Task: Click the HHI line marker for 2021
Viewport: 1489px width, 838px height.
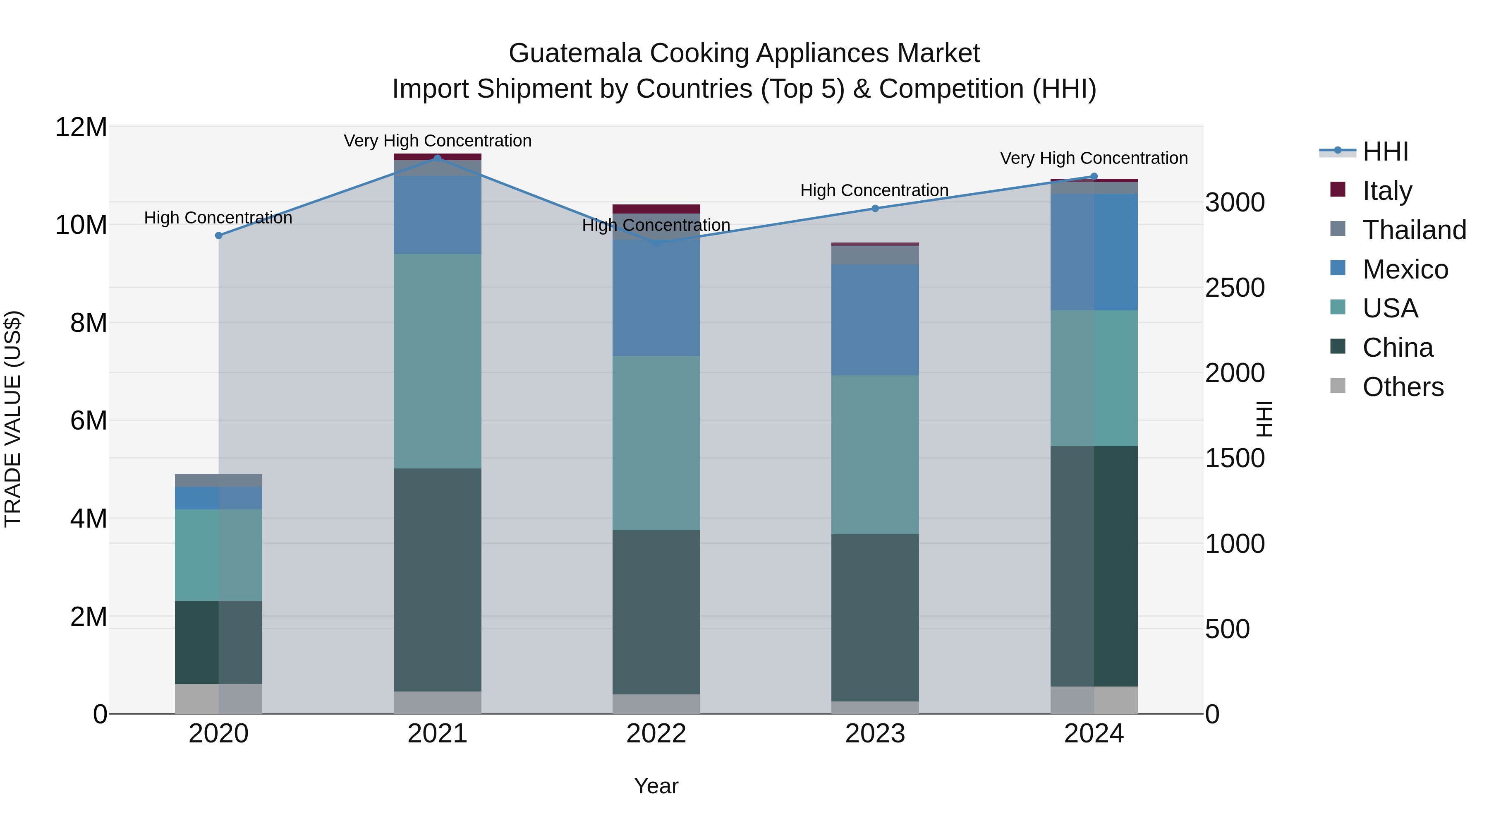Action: (x=438, y=158)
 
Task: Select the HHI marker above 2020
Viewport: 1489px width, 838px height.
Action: (x=218, y=235)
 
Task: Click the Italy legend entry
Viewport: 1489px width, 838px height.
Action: (x=1387, y=191)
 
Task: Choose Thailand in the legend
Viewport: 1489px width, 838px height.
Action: (x=1414, y=230)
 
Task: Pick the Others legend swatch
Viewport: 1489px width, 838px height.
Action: (x=1338, y=386)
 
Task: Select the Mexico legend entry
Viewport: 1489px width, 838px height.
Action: (x=1405, y=269)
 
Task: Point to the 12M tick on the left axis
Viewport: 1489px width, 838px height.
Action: (x=81, y=127)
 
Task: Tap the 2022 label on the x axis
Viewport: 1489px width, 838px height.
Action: (x=656, y=734)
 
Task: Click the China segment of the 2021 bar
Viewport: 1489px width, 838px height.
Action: (x=438, y=579)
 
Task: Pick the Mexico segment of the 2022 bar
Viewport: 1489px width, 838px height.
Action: (x=656, y=298)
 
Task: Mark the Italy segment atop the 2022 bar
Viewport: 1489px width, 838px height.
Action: (x=656, y=209)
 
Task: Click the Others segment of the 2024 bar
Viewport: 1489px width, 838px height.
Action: (x=1094, y=700)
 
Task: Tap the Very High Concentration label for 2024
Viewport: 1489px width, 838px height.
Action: (x=1094, y=158)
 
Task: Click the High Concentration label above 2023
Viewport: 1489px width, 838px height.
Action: (x=874, y=190)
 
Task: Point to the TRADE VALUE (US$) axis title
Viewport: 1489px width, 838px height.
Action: (x=13, y=419)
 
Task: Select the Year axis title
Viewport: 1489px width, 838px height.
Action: (x=656, y=786)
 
